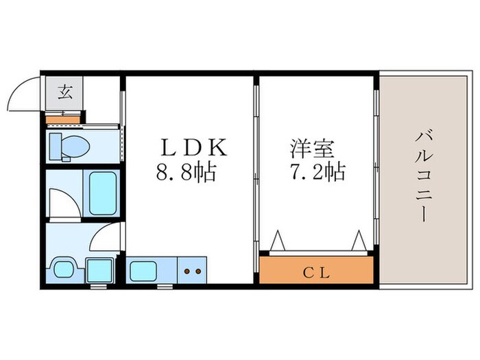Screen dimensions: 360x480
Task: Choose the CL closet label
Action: [317, 272]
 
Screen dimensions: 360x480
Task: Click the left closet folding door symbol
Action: [278, 241]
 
